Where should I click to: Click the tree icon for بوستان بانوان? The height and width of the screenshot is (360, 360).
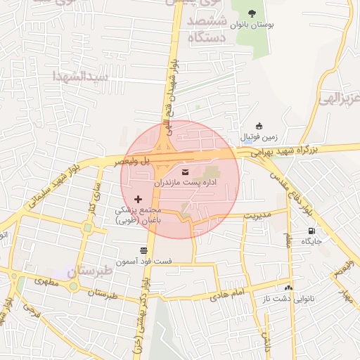(253, 13)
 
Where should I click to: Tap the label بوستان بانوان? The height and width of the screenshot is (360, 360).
(253, 25)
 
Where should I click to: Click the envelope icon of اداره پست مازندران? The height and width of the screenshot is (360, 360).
(186, 172)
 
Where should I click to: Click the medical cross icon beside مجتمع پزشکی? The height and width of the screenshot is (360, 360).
(137, 200)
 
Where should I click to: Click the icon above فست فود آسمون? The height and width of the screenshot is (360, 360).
(143, 250)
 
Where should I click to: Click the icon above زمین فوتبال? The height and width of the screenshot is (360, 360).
(259, 125)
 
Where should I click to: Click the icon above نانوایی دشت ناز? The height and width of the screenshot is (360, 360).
(288, 288)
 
